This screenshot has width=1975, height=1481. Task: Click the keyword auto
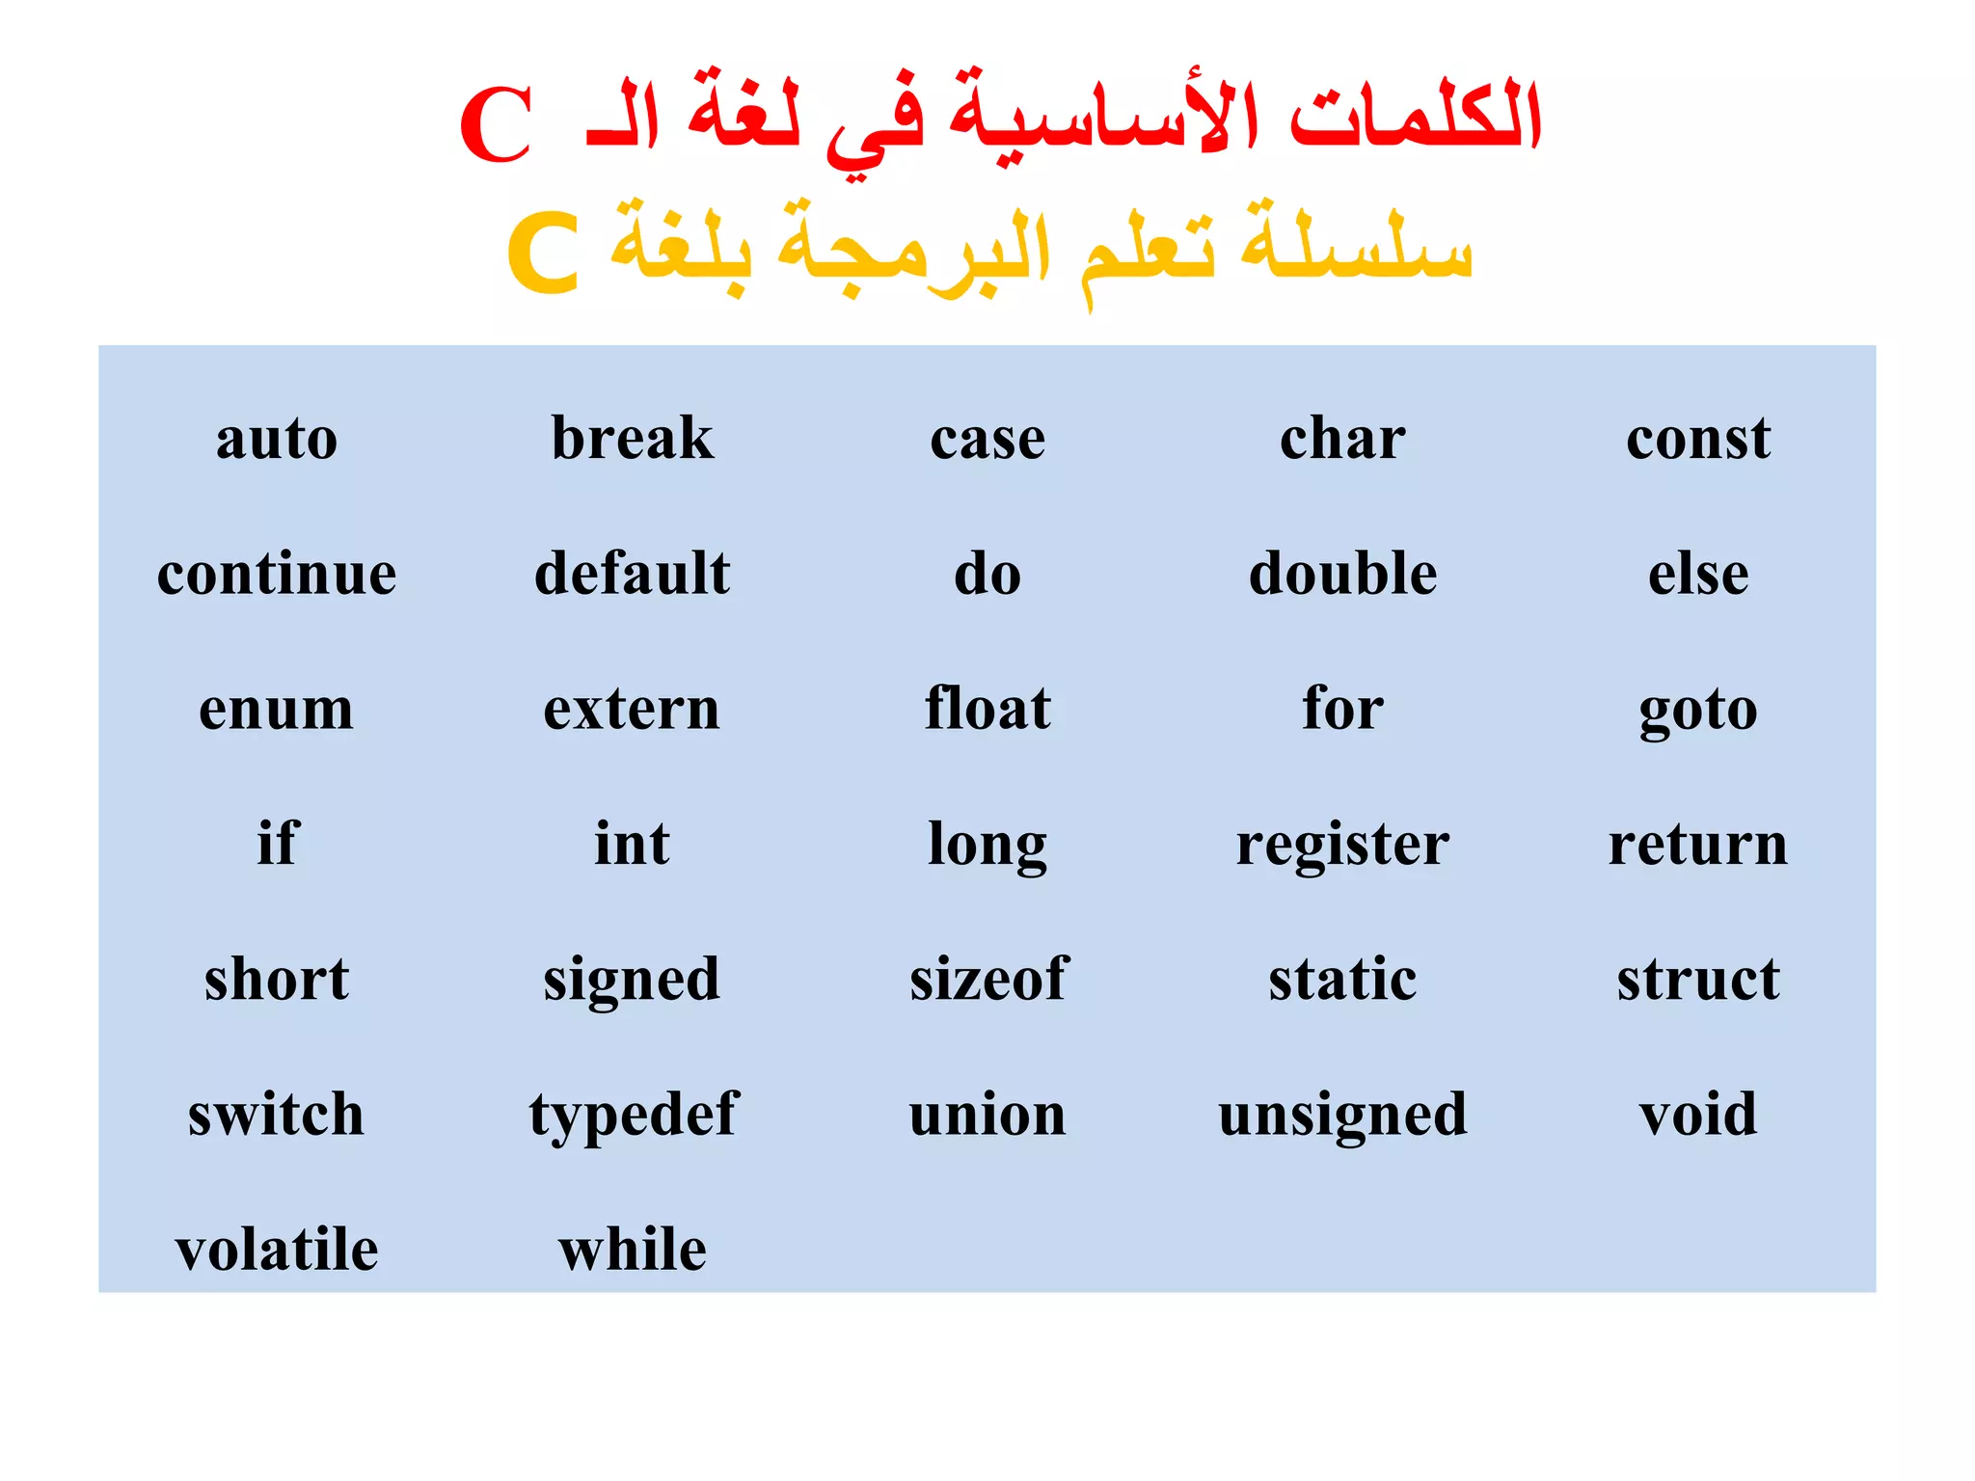[277, 439]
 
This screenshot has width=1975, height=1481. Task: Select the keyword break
[633, 439]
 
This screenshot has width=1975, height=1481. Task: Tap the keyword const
[1698, 439]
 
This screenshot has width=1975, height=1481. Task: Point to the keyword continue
[277, 574]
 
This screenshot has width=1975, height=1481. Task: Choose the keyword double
[1342, 574]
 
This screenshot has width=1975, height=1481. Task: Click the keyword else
[1698, 574]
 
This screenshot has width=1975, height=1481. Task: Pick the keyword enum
[277, 709]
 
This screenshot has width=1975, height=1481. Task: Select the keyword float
[987, 709]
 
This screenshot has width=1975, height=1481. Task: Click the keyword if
[278, 844]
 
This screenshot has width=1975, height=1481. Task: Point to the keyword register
[1342, 846]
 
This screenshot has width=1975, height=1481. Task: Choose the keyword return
[1698, 844]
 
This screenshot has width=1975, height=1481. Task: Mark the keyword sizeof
[988, 979]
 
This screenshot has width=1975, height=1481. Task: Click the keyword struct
[1698, 979]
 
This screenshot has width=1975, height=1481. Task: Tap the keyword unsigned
[1342, 1116]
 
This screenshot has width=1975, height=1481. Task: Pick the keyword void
[1698, 1114]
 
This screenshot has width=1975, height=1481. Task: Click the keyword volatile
[277, 1249]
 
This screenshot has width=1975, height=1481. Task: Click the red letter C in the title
[496, 124]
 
